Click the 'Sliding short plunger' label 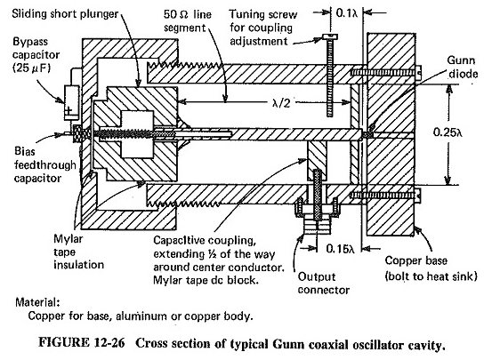[65, 14]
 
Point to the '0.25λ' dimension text [448, 132]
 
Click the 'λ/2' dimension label [281, 103]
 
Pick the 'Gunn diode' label [463, 67]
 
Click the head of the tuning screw [330, 37]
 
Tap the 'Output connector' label [324, 284]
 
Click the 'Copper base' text [415, 261]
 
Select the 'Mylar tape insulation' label [78, 252]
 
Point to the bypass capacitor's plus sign [69, 110]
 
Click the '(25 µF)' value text [31, 68]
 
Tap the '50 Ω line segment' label [188, 21]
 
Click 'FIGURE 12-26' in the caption [82, 343]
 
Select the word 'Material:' [37, 302]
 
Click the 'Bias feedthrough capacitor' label [45, 165]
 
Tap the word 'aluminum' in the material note [144, 316]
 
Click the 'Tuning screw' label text [263, 14]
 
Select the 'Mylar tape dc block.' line [206, 280]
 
